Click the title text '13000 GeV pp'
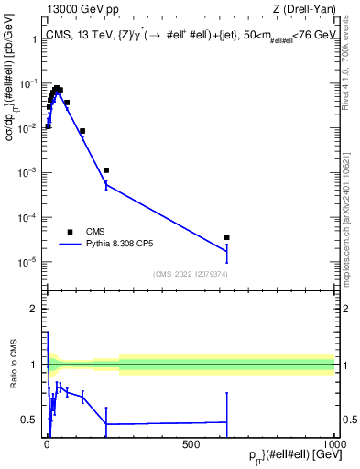point(75,10)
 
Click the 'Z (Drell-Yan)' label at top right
point(302,10)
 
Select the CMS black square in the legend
point(70,231)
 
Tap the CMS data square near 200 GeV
point(106,170)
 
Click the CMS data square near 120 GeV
point(82,131)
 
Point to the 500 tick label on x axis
point(191,444)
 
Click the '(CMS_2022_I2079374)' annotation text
point(191,273)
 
